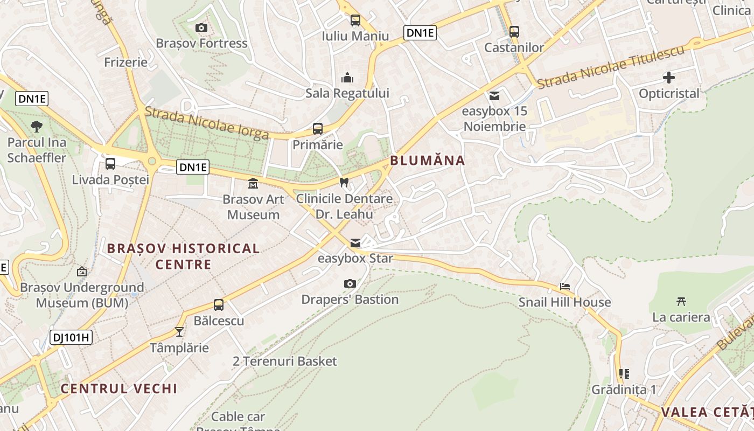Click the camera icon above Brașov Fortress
click(201, 27)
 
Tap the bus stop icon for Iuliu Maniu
click(355, 20)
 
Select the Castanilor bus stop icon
click(514, 32)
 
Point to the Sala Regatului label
click(347, 93)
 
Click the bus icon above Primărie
click(318, 129)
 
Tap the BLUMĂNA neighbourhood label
click(427, 160)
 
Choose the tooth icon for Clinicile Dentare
click(344, 183)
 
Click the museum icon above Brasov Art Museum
click(253, 184)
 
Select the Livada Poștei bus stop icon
click(110, 164)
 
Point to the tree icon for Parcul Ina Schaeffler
click(37, 127)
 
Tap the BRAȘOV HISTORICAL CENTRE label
click(183, 256)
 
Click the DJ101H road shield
click(71, 338)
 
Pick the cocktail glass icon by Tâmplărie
click(179, 331)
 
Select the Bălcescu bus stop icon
click(219, 305)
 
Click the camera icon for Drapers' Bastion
click(350, 283)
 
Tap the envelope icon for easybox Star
click(355, 243)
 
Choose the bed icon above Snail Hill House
click(564, 287)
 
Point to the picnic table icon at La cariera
click(681, 301)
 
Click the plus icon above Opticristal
click(669, 78)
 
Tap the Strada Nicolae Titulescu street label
click(611, 67)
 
